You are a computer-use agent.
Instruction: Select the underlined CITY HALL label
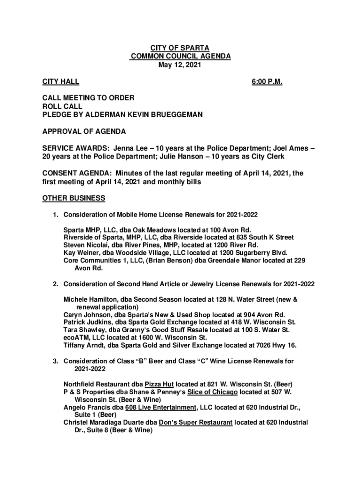[x=60, y=82]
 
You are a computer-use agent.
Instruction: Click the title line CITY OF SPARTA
[x=180, y=48]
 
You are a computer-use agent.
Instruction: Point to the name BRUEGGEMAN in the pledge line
[x=167, y=115]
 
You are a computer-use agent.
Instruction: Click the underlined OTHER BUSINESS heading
[x=73, y=198]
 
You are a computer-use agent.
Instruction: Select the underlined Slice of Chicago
[x=212, y=392]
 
